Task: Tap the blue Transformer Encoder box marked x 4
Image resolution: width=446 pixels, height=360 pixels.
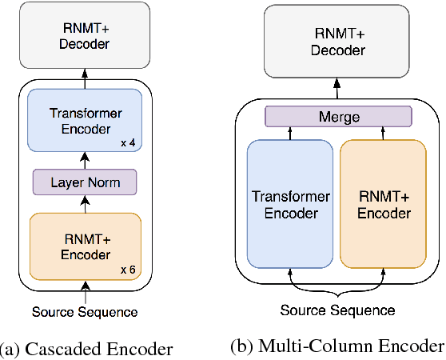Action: [x=84, y=120]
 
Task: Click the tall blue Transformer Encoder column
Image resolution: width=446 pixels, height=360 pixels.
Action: [x=290, y=203]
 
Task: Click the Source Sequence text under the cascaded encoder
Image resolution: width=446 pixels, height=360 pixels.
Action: [x=84, y=311]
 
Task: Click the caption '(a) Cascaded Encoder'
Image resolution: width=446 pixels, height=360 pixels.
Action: [x=86, y=349]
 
